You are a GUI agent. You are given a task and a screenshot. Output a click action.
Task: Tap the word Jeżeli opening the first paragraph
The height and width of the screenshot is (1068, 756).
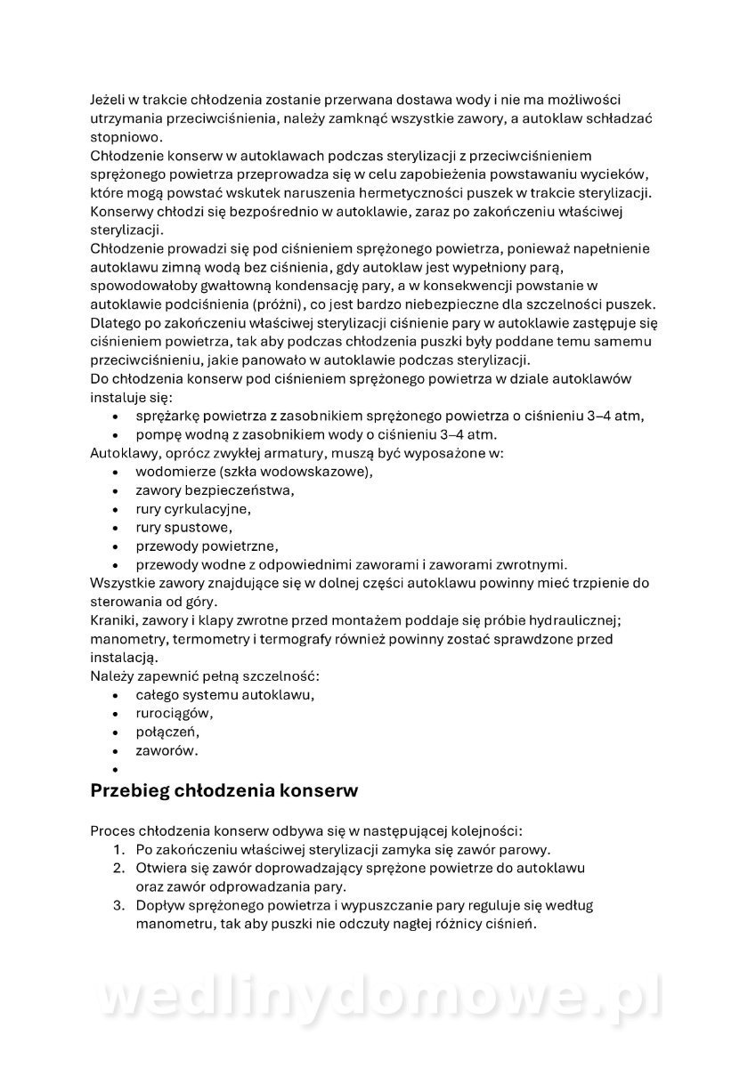[x=110, y=99]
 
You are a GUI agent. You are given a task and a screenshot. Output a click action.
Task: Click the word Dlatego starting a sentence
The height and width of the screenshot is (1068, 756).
[x=118, y=322]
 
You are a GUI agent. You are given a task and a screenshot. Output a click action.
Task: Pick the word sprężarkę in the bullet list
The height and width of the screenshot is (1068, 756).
[x=167, y=416]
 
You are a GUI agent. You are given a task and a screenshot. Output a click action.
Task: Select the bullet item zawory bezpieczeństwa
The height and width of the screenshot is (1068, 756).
[x=215, y=490]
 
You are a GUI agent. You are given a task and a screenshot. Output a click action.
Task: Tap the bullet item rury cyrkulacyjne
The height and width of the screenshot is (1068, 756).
[x=193, y=509]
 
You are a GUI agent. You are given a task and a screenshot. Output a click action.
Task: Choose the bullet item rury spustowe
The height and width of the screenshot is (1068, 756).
[x=183, y=528]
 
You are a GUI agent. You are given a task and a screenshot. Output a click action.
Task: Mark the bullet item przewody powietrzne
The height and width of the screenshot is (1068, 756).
[x=207, y=546]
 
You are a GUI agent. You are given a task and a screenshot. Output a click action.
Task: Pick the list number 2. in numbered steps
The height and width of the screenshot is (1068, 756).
[x=118, y=868]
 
